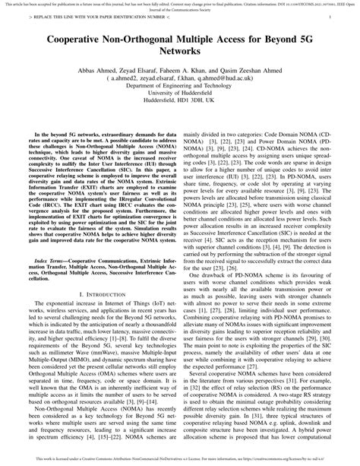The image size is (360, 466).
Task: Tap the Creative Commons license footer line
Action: tap(180, 458)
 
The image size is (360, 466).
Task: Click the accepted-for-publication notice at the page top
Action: tap(180, 4)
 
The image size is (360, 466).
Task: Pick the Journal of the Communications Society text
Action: tap(180, 8)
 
